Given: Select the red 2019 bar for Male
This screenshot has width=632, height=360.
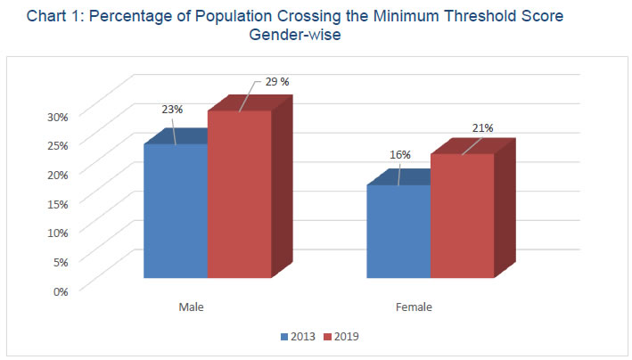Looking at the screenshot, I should click(239, 194).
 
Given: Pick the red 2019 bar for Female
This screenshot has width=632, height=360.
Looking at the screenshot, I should click(462, 216).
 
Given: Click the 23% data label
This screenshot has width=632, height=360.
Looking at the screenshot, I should click(172, 110).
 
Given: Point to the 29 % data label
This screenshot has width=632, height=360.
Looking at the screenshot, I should click(278, 83).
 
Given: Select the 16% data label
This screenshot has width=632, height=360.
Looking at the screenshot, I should click(399, 155).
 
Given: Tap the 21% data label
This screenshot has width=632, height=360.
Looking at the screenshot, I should click(482, 127).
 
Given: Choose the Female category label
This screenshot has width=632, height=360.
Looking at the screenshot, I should click(414, 307).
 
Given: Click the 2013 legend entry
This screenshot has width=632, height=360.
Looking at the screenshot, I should click(301, 337).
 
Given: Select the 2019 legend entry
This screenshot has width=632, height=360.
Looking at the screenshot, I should click(345, 337).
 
